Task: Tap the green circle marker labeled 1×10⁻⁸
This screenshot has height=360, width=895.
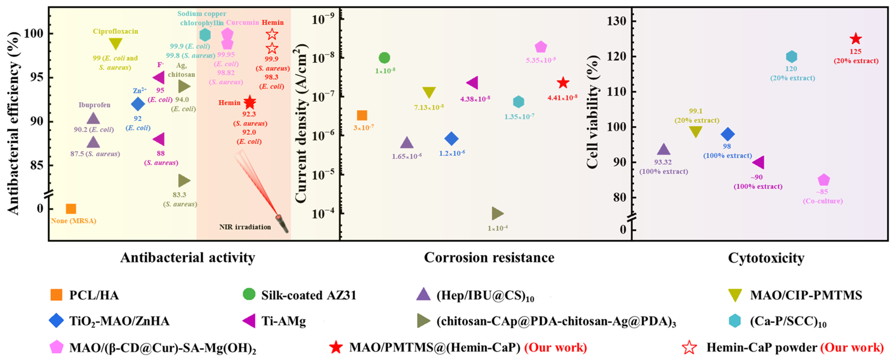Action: coord(384,58)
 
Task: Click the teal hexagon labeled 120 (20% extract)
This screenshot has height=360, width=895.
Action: coord(791,56)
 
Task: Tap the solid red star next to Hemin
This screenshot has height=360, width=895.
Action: coord(250,102)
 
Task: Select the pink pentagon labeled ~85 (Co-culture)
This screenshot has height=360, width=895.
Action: coord(823,180)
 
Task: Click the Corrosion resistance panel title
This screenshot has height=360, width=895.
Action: coord(489,258)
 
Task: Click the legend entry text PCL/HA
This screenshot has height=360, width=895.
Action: coord(94,295)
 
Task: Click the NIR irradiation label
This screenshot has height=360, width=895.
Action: coord(245,227)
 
